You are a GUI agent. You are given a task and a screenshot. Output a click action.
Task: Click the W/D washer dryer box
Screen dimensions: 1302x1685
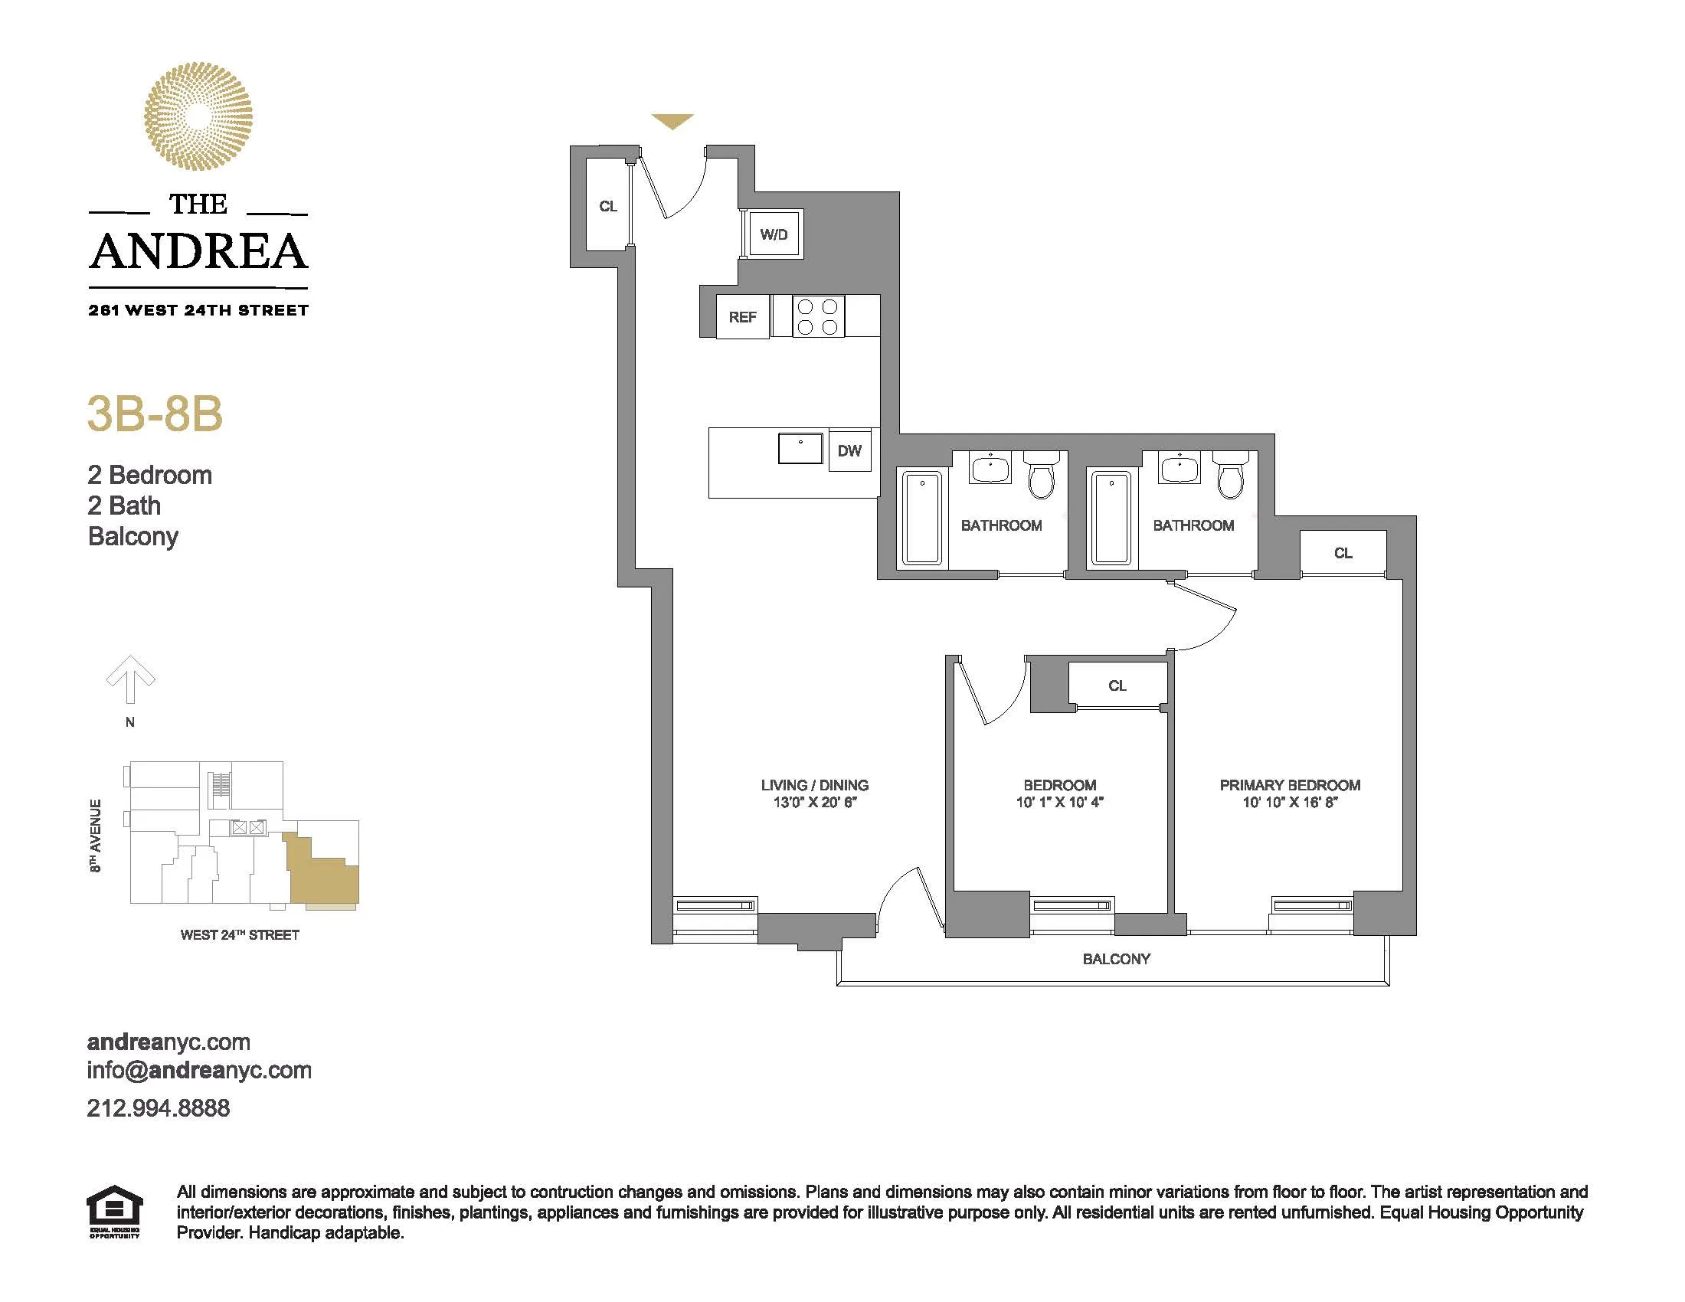click(773, 234)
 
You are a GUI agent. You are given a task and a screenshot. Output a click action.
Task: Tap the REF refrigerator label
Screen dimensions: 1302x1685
click(742, 317)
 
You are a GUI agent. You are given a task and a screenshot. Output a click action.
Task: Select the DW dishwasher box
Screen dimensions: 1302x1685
click(849, 451)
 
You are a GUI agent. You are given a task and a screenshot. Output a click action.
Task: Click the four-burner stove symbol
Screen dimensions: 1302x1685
click(818, 316)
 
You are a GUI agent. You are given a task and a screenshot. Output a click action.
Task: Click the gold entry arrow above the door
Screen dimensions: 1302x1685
click(672, 121)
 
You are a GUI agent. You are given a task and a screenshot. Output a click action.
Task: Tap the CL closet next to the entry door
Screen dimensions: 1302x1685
click(607, 206)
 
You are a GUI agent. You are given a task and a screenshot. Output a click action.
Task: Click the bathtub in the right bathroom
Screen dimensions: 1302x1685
click(1112, 518)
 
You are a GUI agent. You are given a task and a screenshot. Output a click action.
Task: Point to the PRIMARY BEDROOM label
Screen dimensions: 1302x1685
click(1290, 785)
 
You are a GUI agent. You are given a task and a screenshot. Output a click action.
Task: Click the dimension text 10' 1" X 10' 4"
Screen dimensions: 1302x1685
click(1059, 802)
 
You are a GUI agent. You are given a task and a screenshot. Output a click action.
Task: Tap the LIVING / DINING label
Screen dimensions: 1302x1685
click(815, 785)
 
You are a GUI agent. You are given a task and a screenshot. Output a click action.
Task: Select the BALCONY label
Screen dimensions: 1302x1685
click(1116, 959)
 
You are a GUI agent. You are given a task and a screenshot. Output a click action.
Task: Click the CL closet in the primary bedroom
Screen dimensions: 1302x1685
click(1343, 553)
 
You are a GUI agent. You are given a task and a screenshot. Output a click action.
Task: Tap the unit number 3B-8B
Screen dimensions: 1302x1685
click(155, 414)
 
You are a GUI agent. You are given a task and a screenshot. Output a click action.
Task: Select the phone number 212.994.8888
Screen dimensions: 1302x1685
click(159, 1108)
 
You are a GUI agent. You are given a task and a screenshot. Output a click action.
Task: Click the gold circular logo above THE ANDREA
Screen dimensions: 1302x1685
click(198, 116)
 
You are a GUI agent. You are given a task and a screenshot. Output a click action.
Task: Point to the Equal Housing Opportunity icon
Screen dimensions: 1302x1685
click(114, 1212)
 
